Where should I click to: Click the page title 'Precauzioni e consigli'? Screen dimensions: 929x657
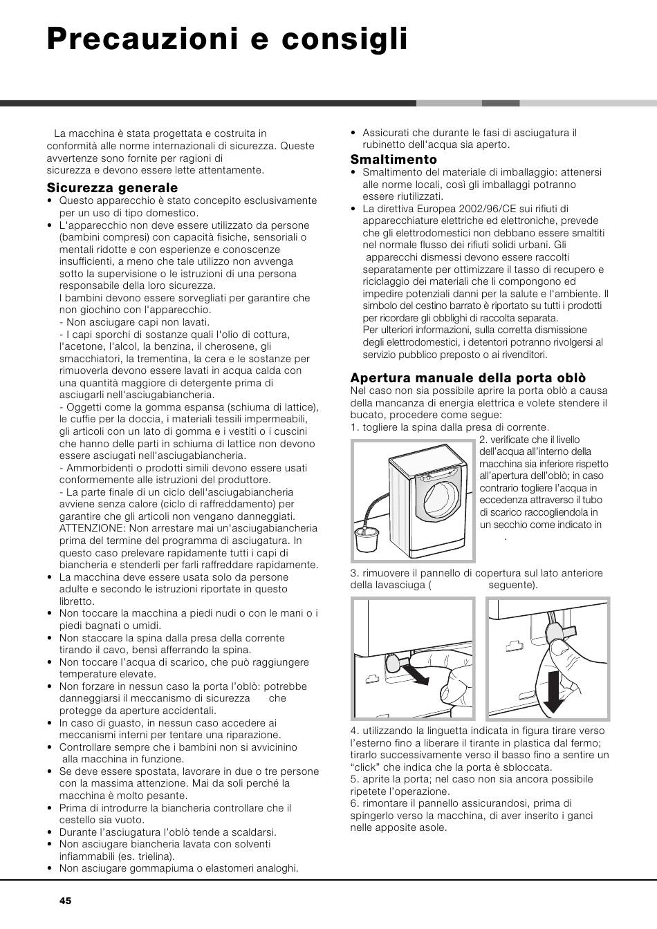(x=227, y=39)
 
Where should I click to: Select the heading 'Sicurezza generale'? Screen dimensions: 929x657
(x=112, y=187)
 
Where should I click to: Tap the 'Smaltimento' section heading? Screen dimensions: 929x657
(x=394, y=160)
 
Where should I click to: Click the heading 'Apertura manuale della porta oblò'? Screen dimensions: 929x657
(x=468, y=377)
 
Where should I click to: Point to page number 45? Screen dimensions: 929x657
(x=65, y=901)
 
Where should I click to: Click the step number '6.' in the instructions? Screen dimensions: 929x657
(x=354, y=803)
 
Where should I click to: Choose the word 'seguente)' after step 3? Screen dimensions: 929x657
(x=512, y=585)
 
